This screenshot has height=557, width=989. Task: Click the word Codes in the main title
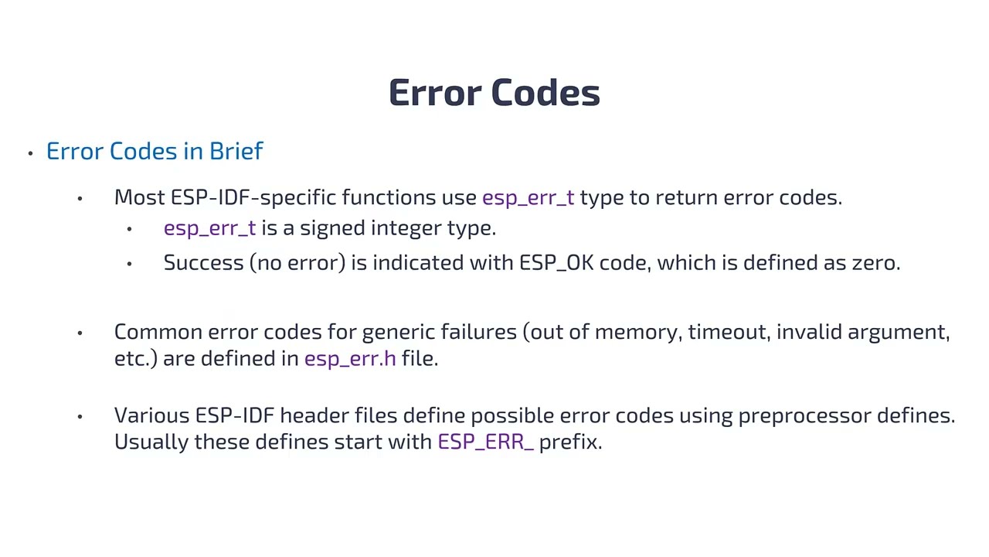tap(545, 93)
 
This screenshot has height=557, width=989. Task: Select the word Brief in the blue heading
tap(236, 151)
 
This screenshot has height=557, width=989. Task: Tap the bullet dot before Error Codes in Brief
tap(30, 153)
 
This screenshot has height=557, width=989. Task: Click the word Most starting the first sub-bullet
tap(139, 197)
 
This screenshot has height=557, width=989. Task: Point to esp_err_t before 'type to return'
tap(528, 198)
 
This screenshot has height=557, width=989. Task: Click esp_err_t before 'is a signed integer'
tap(209, 228)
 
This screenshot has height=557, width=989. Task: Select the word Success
tap(203, 262)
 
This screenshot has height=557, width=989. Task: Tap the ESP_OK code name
tap(556, 263)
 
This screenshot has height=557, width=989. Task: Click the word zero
tap(875, 263)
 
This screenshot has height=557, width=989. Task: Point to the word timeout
tap(729, 332)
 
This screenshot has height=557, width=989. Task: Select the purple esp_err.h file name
tap(350, 358)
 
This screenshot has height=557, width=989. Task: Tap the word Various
tap(151, 415)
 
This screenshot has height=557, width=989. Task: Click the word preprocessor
tap(804, 416)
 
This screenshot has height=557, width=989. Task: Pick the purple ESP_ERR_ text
tap(485, 443)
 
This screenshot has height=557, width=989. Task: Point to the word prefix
tap(569, 442)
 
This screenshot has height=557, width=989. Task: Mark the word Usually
tap(151, 442)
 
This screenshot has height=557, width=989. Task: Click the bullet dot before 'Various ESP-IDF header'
tap(80, 416)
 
